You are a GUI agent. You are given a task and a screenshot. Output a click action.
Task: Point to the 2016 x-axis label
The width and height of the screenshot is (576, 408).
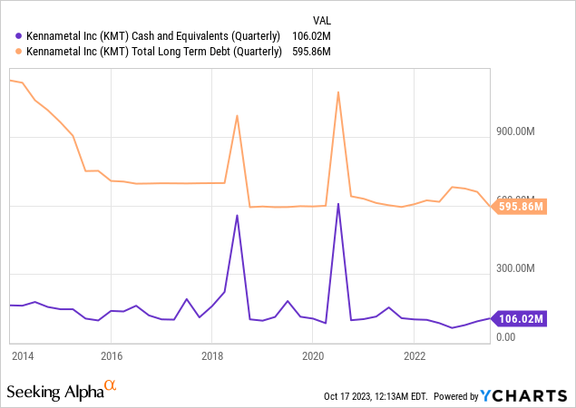pyautogui.click(x=112, y=355)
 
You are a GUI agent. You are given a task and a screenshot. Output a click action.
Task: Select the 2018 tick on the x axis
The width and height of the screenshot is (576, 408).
pyautogui.click(x=211, y=355)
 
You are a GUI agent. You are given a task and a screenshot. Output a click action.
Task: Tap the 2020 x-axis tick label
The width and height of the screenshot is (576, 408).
pyautogui.click(x=312, y=355)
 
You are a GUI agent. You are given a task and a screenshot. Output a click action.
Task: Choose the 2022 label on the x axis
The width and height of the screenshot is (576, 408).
pyautogui.click(x=414, y=355)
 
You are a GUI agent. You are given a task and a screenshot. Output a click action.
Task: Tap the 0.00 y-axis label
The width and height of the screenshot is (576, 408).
pyautogui.click(x=506, y=336)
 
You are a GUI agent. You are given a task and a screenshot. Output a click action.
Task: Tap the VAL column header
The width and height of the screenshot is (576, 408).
pyautogui.click(x=322, y=18)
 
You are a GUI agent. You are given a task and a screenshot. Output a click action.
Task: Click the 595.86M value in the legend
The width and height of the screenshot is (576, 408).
pyautogui.click(x=311, y=52)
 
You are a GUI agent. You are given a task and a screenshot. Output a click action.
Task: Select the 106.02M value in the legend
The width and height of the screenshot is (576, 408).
pyautogui.click(x=311, y=35)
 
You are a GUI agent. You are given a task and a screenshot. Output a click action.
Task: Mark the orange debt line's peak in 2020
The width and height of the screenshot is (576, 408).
pyautogui.click(x=338, y=92)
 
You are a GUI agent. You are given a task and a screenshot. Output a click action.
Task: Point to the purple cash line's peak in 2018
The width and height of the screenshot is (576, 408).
pyautogui.click(x=237, y=215)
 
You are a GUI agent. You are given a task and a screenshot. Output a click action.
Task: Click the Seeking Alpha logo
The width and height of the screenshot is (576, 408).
pyautogui.click(x=62, y=392)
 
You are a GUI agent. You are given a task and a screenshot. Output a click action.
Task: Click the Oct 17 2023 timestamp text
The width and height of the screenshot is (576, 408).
pyautogui.click(x=376, y=396)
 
